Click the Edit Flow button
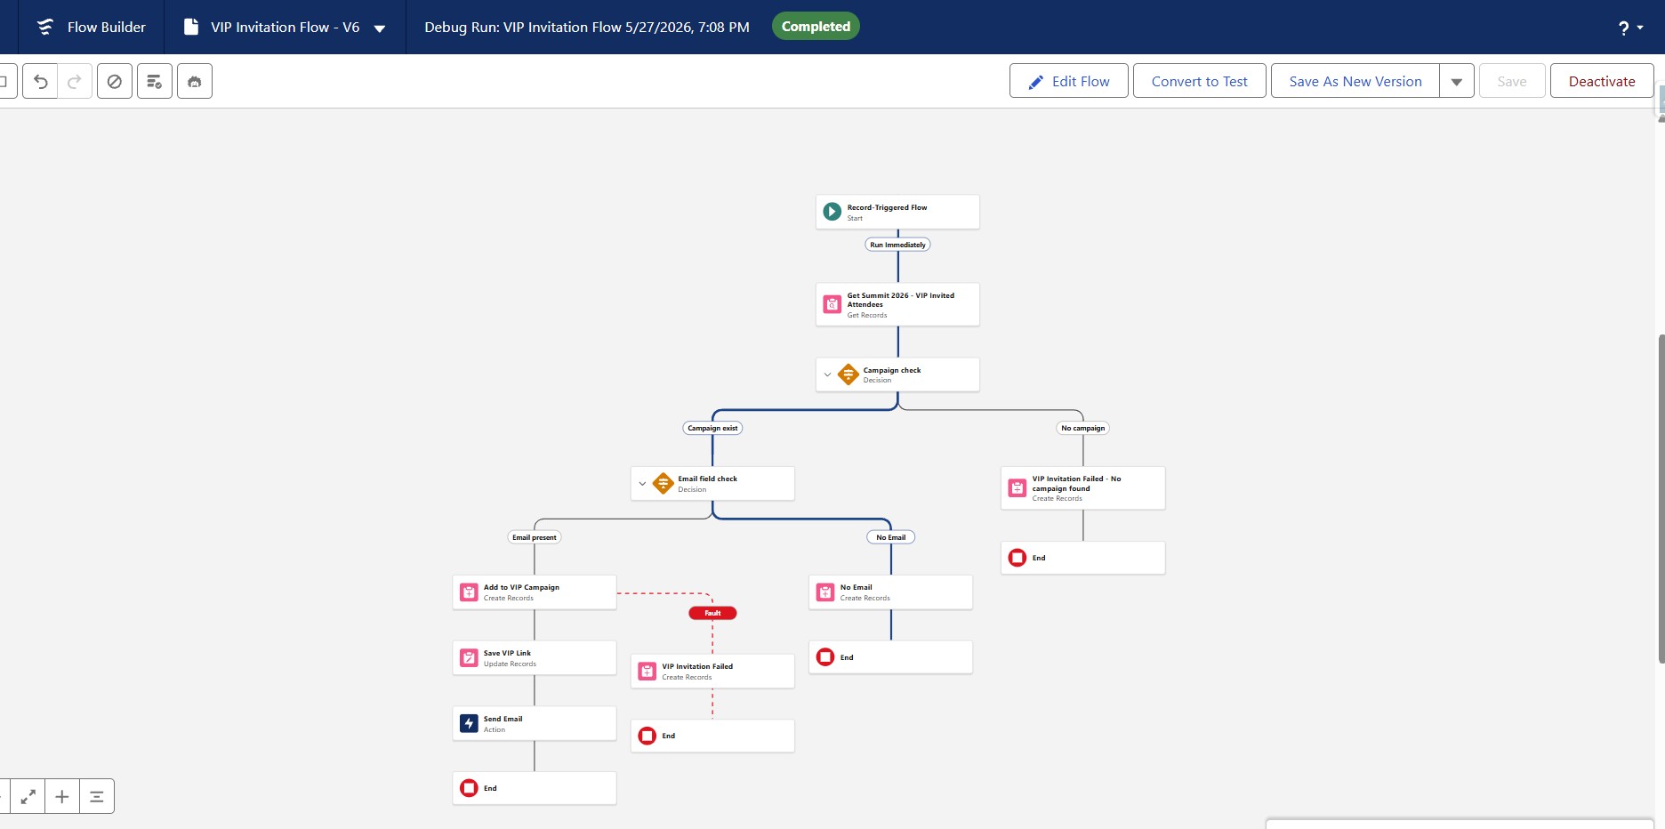coord(1068,81)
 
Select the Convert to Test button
coord(1199,81)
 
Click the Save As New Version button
coord(1355,81)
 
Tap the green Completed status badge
coord(816,27)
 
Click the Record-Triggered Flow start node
coord(897,212)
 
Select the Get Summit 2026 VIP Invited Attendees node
coord(897,304)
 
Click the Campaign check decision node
coord(897,374)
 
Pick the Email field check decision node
coord(712,483)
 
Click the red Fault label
coord(712,613)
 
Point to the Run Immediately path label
coord(897,245)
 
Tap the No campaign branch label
coord(1082,428)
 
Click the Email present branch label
coord(535,537)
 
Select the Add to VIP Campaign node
coord(535,592)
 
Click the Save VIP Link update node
coord(535,658)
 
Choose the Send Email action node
coord(535,723)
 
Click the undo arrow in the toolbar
coord(40,81)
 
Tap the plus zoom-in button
coord(62,796)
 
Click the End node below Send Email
coord(535,788)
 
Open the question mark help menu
coord(1629,28)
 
